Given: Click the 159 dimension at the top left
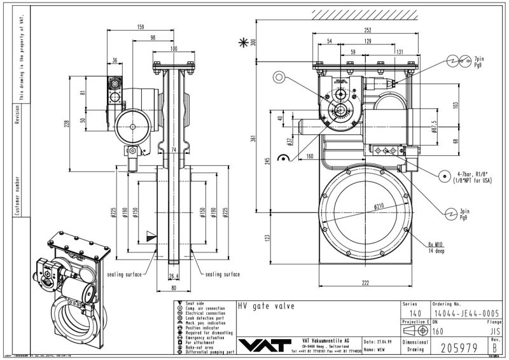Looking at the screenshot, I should point(139,27).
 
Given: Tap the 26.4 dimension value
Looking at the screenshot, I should point(174,275).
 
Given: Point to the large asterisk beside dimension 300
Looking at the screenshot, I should point(242,43).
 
